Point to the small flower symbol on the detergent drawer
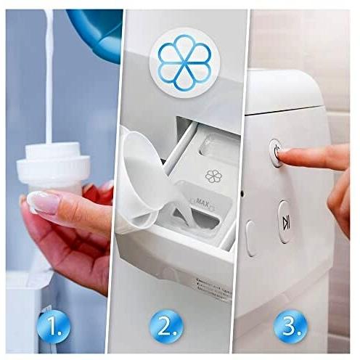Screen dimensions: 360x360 click(x=213, y=176)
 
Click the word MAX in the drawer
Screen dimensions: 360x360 click(x=200, y=202)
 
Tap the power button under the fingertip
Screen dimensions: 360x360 click(x=276, y=152)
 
